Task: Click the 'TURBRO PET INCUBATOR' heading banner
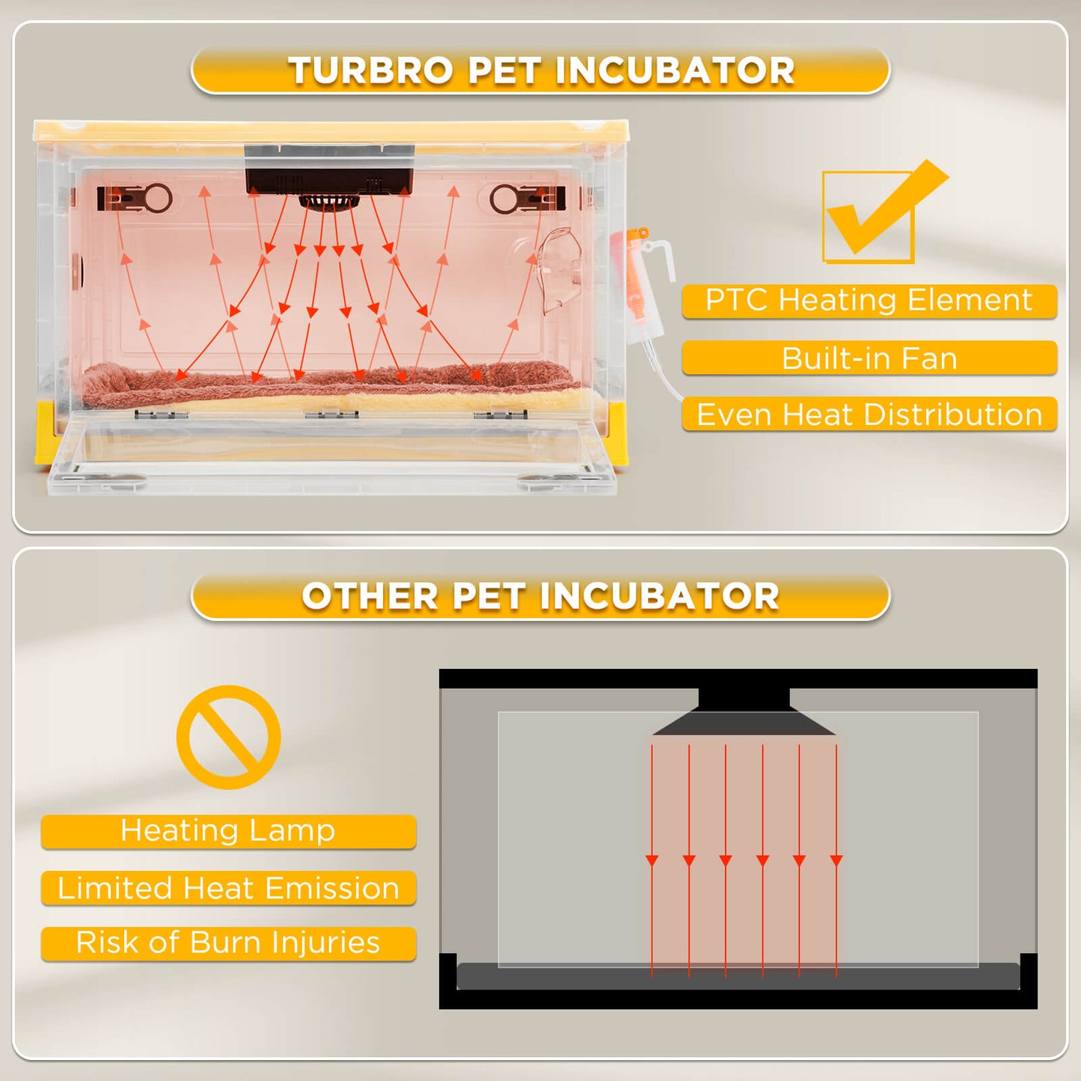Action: [540, 71]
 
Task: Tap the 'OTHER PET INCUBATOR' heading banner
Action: [540, 597]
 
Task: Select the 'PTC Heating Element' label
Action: [869, 301]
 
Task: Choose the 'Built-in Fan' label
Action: [869, 358]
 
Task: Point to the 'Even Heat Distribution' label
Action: [869, 414]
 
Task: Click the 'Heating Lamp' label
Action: [228, 831]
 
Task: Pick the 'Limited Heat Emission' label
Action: [228, 888]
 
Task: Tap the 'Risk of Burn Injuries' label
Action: [228, 943]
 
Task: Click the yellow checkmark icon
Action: [879, 213]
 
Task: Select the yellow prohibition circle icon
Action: [229, 737]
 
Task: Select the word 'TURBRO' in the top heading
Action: [370, 71]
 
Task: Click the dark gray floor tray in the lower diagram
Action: [738, 977]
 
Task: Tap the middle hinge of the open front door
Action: [331, 414]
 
